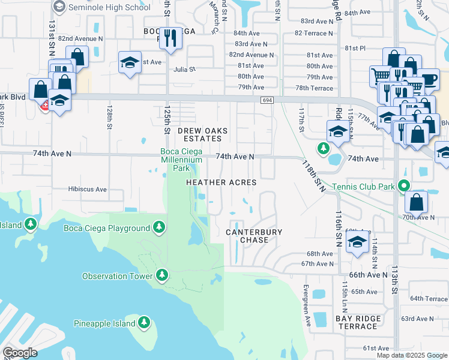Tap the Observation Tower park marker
161,275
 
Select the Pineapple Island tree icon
143,323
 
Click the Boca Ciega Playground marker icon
159,227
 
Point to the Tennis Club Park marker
405,187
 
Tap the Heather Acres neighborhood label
221,182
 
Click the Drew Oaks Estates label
202,134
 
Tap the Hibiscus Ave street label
87,189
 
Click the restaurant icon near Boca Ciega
170,38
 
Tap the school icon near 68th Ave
358,242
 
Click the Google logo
20,353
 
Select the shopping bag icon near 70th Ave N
417,202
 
